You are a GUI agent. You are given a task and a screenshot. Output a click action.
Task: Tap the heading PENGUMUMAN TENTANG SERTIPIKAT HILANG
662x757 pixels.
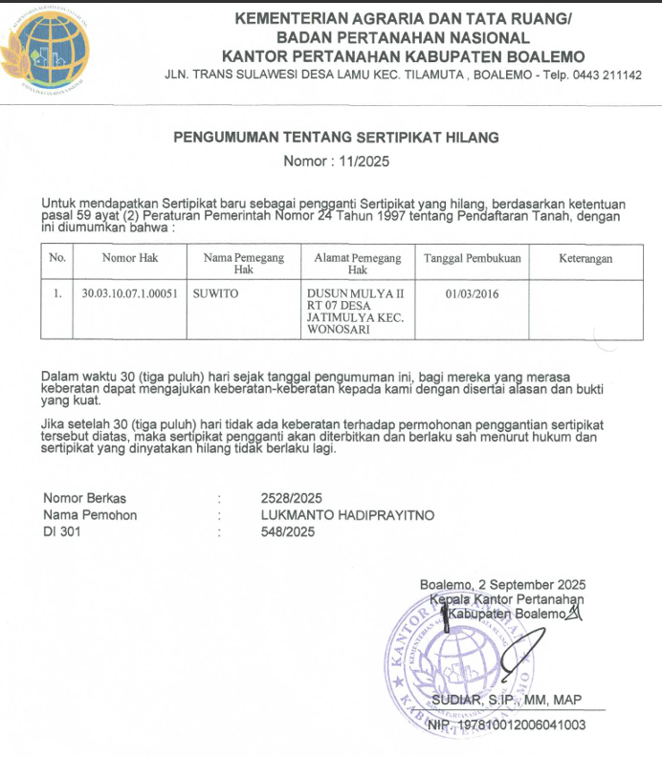(x=336, y=139)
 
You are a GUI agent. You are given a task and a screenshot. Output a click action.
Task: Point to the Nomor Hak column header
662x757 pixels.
(x=130, y=258)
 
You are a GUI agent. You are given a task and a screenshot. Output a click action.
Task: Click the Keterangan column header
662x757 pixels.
(x=585, y=258)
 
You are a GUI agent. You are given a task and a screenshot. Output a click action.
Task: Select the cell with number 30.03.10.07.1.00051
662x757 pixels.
(x=130, y=293)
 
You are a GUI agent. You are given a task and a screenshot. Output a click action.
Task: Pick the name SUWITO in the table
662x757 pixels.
(x=215, y=293)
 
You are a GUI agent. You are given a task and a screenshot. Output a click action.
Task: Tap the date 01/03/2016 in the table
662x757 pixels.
(x=472, y=293)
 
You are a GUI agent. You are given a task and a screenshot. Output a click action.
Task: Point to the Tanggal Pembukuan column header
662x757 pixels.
(x=472, y=258)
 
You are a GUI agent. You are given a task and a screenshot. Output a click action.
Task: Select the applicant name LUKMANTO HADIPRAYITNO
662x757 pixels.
(x=347, y=515)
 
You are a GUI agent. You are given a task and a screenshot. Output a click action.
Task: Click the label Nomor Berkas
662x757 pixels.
(x=84, y=498)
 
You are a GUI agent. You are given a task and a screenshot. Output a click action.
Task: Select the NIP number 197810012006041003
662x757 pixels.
(x=519, y=725)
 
